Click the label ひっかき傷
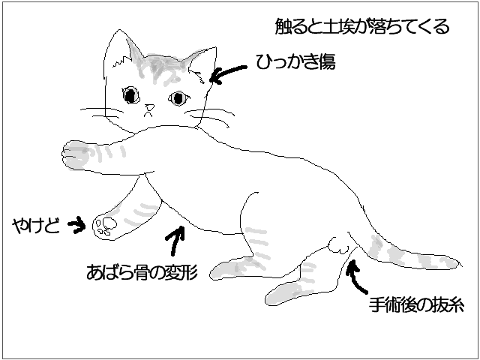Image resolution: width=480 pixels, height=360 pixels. (x=295, y=61)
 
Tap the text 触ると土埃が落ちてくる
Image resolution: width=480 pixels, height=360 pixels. (x=362, y=26)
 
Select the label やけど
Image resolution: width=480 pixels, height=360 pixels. (x=36, y=226)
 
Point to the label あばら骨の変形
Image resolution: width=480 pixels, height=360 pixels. (x=142, y=271)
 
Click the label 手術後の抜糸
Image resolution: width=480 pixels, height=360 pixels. (x=416, y=304)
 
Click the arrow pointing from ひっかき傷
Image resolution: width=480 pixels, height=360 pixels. (x=227, y=73)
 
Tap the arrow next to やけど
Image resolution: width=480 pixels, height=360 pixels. (x=76, y=225)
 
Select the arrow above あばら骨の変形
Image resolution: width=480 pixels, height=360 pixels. (x=175, y=240)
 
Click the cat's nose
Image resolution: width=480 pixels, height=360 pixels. (x=150, y=107)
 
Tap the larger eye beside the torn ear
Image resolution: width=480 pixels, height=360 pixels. (x=131, y=95)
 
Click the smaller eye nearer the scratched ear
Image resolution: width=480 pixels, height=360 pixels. (x=178, y=98)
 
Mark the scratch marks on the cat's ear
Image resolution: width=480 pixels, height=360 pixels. (x=198, y=76)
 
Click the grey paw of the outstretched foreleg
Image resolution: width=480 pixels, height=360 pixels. (x=74, y=155)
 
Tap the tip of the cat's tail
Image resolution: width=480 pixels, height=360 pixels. (x=461, y=264)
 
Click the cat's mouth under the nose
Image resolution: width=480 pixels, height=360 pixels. (x=148, y=114)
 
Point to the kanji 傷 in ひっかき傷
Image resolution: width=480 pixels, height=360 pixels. (x=327, y=61)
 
